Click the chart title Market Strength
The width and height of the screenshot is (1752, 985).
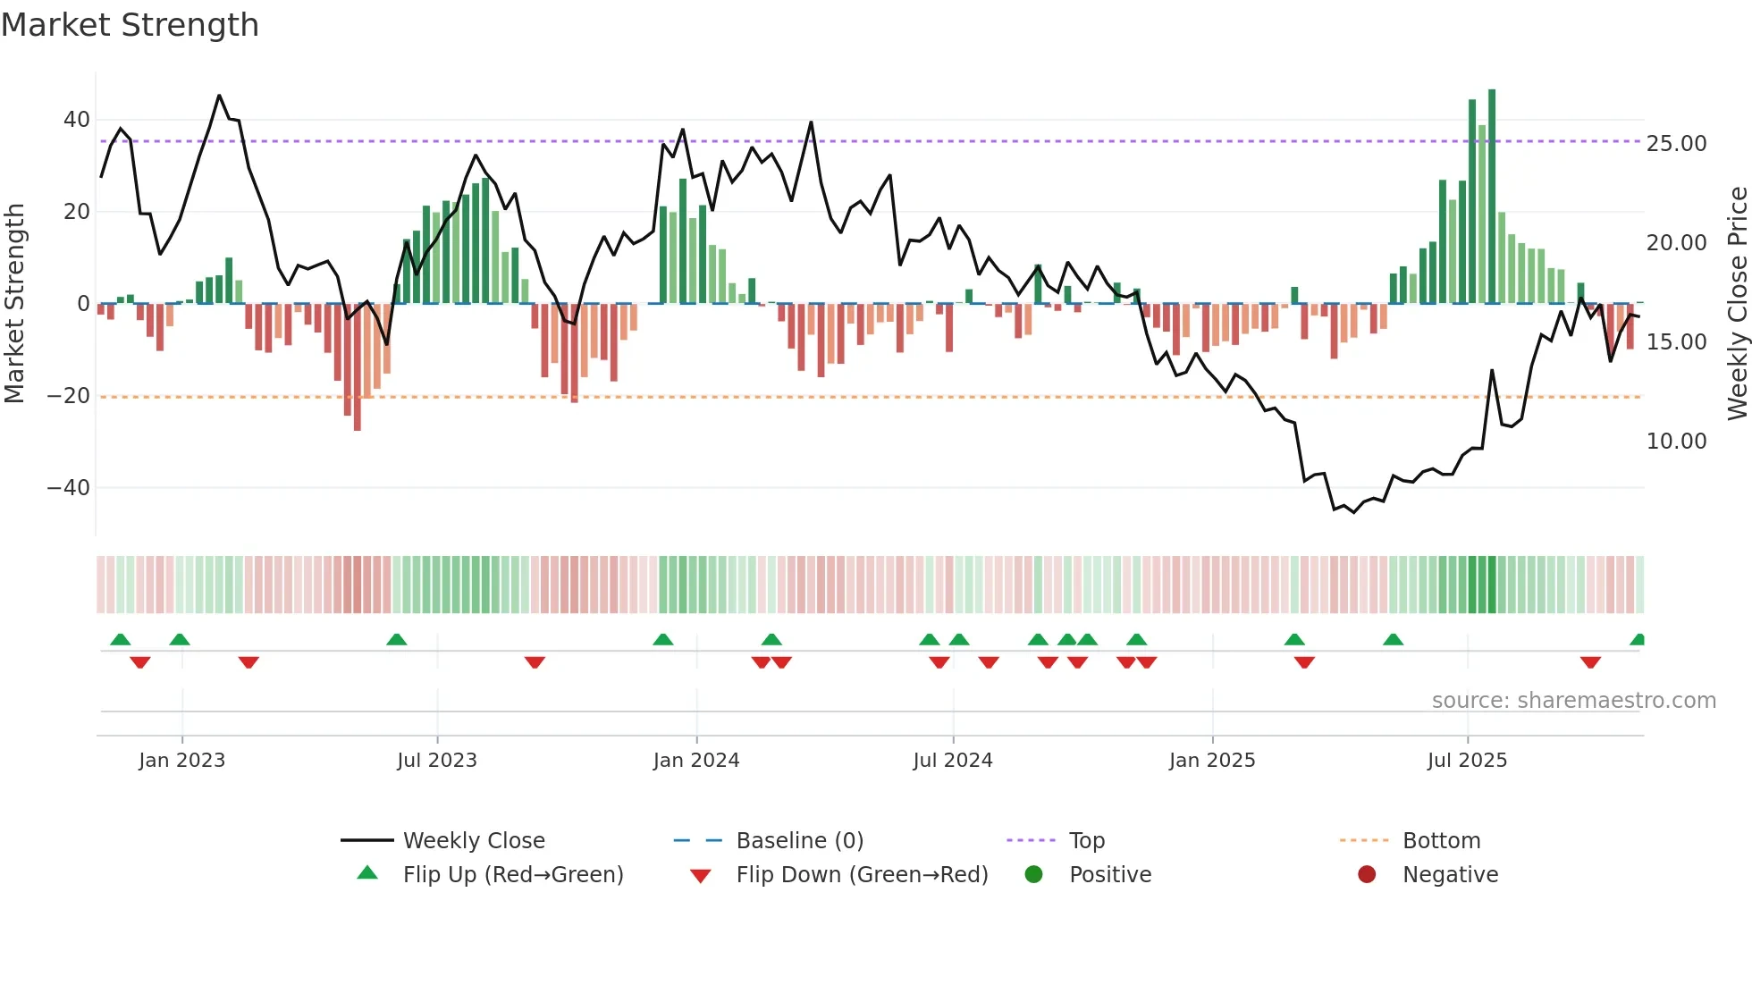click(x=130, y=25)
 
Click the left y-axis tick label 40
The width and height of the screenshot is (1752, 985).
click(x=76, y=120)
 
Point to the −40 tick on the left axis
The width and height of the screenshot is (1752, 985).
click(x=69, y=488)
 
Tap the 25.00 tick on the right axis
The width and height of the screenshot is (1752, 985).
click(x=1676, y=144)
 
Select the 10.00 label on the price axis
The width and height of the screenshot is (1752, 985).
click(x=1676, y=442)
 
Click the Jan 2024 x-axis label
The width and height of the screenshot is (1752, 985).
click(x=696, y=761)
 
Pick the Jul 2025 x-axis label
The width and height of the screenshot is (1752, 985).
click(x=1467, y=761)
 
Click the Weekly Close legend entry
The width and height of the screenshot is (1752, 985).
click(x=473, y=841)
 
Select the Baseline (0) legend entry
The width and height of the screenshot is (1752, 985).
click(x=799, y=841)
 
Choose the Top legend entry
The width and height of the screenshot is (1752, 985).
click(x=1086, y=841)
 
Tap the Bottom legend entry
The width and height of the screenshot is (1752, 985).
click(x=1441, y=841)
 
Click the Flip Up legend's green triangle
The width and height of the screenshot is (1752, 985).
click(x=367, y=873)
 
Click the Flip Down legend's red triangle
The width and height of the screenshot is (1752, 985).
click(x=701, y=876)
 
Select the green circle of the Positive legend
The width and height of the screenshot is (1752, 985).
click(x=1033, y=875)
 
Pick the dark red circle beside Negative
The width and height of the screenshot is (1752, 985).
click(x=1367, y=875)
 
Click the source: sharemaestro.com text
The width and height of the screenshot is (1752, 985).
click(x=1573, y=701)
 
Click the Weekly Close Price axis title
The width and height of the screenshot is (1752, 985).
click(x=1737, y=304)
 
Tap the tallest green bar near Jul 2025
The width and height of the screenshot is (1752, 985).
click(x=1492, y=197)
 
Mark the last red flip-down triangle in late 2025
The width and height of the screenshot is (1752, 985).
click(x=1590, y=662)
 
